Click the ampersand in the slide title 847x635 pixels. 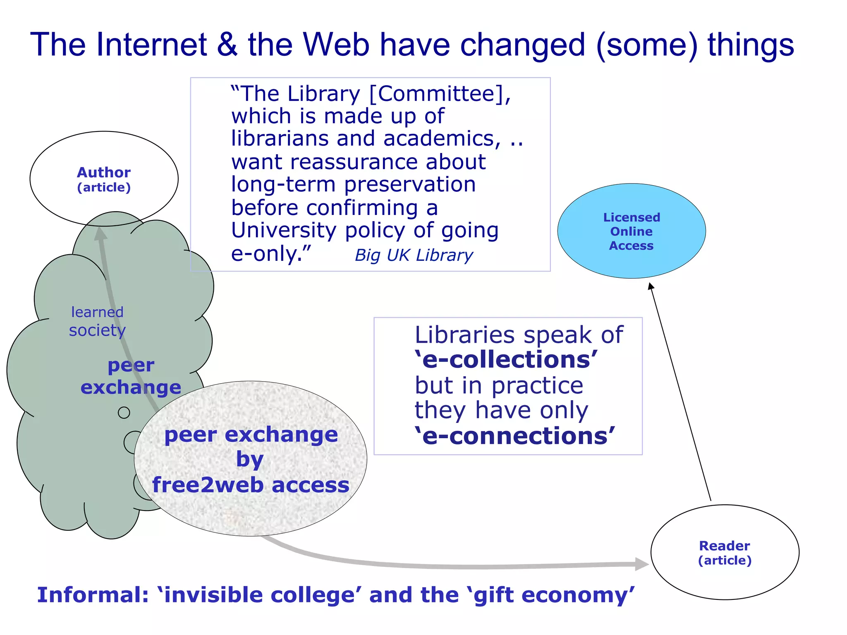click(227, 45)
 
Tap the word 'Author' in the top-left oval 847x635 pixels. click(104, 172)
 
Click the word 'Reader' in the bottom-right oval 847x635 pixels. click(724, 546)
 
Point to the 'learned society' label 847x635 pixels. click(97, 321)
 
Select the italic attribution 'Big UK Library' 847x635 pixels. click(414, 255)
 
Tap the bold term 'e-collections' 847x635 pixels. click(506, 360)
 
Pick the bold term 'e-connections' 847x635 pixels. click(515, 436)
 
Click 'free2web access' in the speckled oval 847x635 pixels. click(251, 485)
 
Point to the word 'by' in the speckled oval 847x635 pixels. click(250, 459)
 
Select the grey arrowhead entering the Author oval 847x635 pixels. click(100, 234)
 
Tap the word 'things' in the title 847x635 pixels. click(751, 45)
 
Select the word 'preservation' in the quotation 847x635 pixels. click(410, 184)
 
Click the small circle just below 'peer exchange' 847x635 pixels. click(124, 413)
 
